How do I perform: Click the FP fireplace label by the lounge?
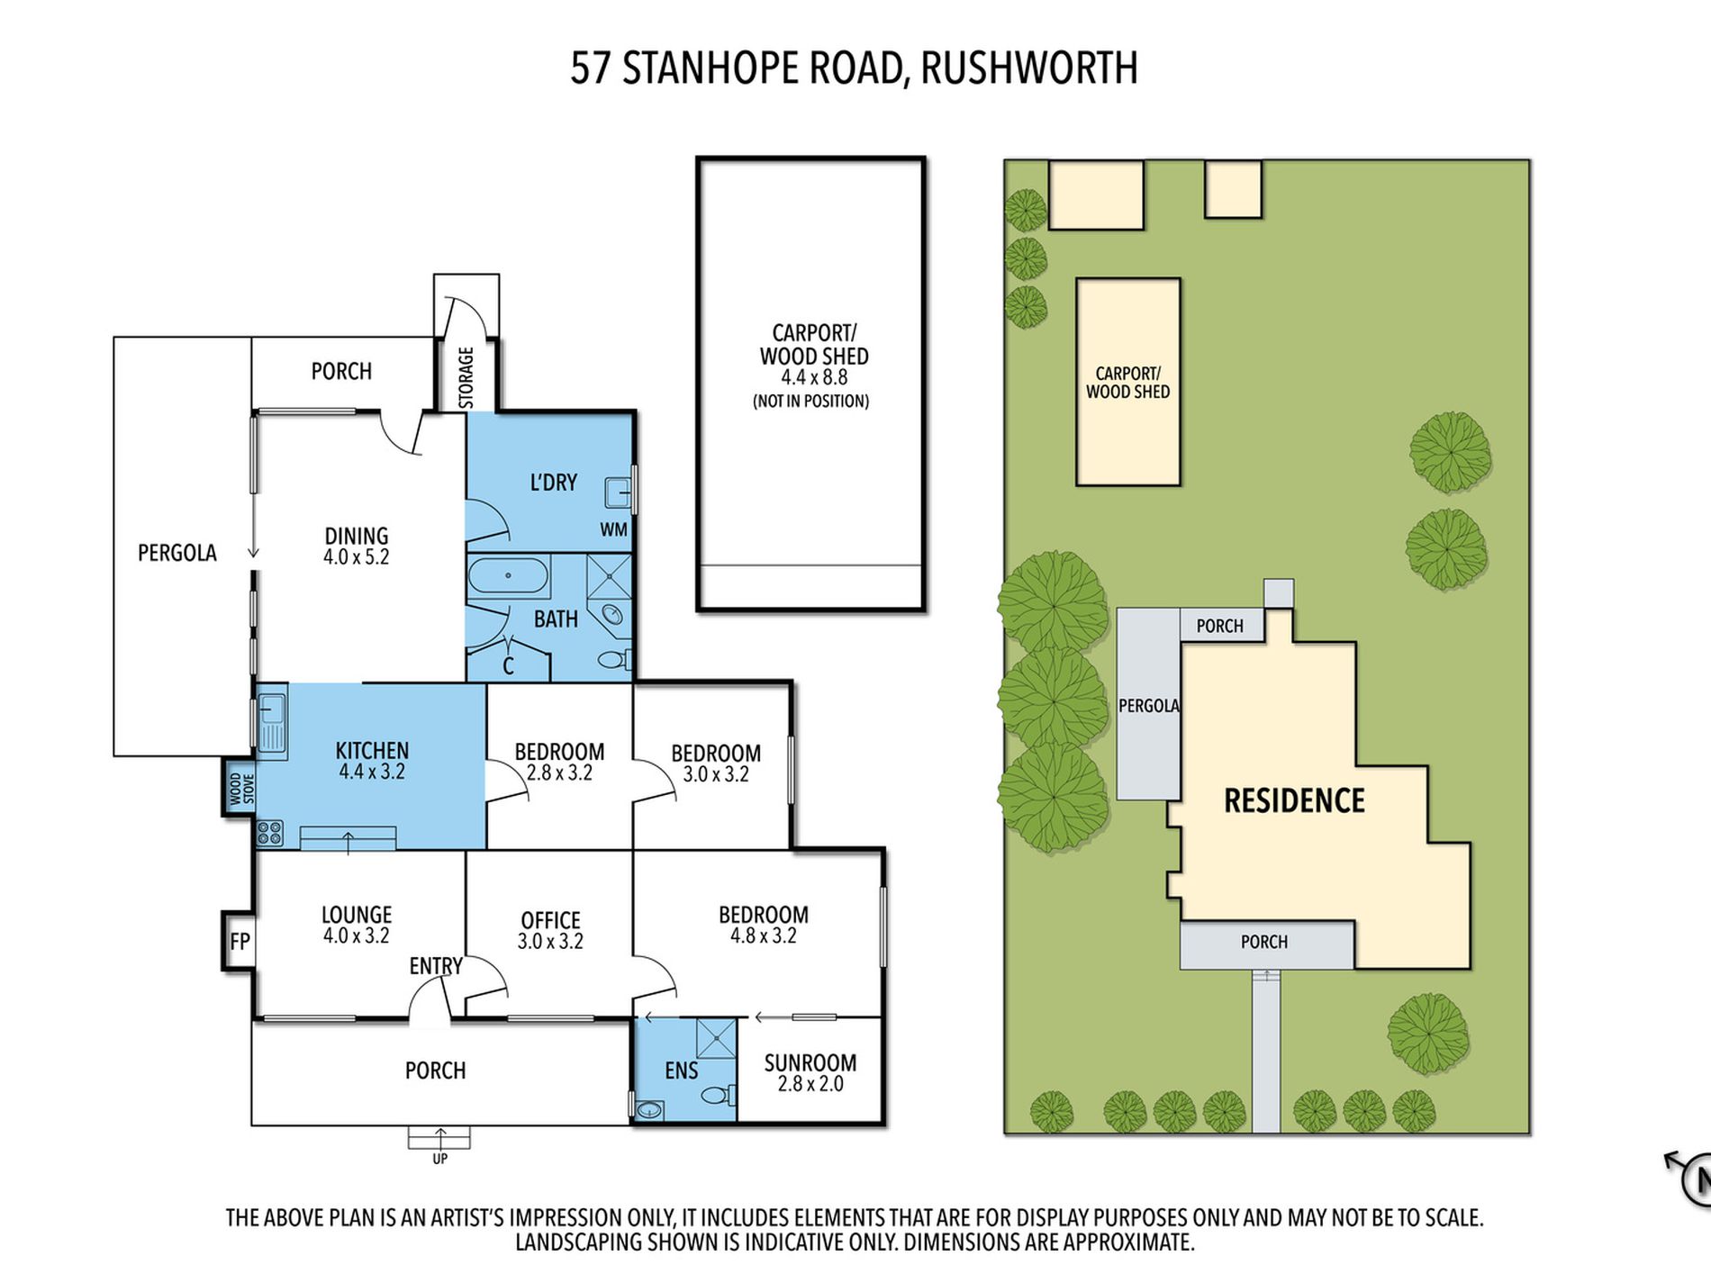[240, 942]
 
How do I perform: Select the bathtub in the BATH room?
[508, 575]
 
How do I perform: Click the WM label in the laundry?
[613, 529]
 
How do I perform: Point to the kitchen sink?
[272, 721]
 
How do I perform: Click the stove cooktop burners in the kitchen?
[270, 833]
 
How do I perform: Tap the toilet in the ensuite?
[717, 1096]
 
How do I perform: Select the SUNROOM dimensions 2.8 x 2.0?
[810, 1084]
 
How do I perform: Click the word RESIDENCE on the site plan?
[1294, 800]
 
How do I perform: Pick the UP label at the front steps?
[439, 1159]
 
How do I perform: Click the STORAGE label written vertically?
[466, 377]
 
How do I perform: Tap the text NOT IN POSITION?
[810, 402]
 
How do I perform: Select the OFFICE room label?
[550, 920]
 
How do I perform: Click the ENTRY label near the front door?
[436, 966]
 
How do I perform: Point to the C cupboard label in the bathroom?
[508, 666]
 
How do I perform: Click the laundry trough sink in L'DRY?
[618, 493]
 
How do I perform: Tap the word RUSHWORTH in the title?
[1029, 68]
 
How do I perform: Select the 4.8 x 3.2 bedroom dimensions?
[763, 935]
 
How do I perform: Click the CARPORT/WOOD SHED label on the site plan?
[1127, 383]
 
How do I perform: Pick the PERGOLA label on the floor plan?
[177, 553]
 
